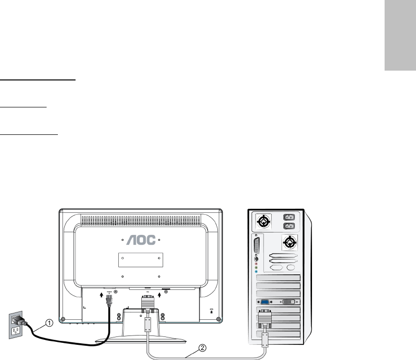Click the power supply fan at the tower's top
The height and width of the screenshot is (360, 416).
(263, 222)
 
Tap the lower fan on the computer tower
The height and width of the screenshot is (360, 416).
(289, 242)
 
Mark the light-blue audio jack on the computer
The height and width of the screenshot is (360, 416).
(256, 271)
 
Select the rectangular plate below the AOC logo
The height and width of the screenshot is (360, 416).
(142, 259)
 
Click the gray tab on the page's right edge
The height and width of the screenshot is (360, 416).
(399, 35)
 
